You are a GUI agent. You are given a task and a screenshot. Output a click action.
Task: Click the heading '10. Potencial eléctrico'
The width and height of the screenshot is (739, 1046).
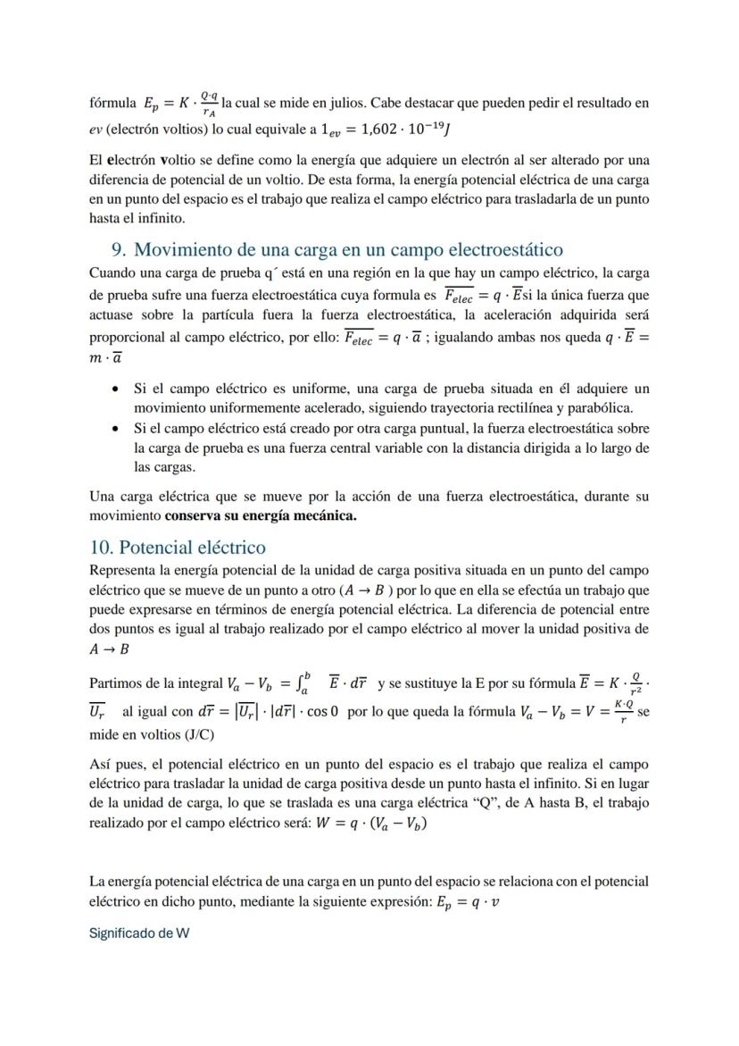178,547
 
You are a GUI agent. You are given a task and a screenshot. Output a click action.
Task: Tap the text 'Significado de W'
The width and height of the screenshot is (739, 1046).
139,933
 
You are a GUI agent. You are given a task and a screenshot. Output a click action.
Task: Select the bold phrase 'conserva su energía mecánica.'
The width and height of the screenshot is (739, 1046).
261,517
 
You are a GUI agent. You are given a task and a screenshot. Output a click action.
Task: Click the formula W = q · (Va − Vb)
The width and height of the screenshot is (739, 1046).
367,824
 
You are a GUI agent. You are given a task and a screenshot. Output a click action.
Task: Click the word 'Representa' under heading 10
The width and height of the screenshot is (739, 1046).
124,570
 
